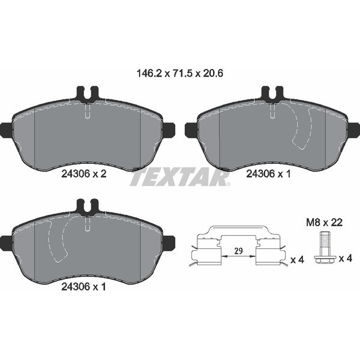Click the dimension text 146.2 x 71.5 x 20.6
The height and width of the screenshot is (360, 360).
coord(180,73)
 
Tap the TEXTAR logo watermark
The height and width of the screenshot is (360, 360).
coord(181,178)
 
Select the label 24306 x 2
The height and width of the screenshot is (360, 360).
coord(84,174)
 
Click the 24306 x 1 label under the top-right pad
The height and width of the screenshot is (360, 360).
coord(268,174)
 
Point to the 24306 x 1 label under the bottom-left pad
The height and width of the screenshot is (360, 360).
coord(83,287)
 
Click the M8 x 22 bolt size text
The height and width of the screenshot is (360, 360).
coord(324,222)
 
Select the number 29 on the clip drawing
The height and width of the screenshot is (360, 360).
coord(239,251)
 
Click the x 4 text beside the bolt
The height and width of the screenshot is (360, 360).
coord(346,259)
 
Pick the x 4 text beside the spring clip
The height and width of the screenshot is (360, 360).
coord(298,260)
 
